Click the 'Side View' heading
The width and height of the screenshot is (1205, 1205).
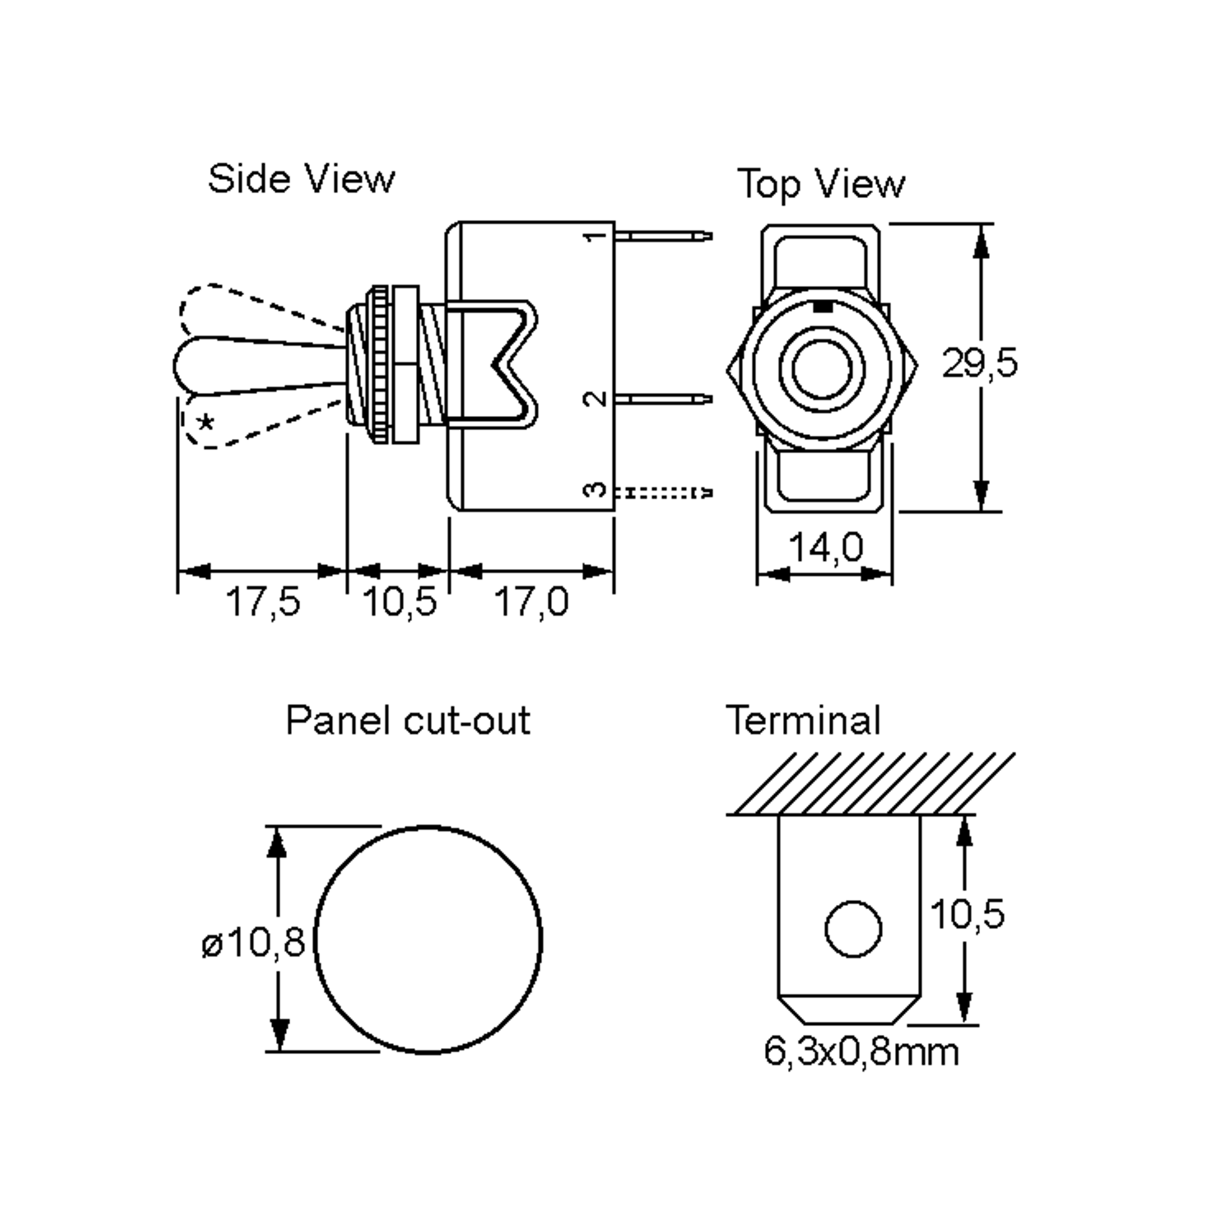pyautogui.click(x=301, y=179)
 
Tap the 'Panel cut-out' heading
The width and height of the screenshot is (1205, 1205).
pyautogui.click(x=407, y=721)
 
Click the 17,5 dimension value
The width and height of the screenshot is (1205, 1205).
pyautogui.click(x=263, y=602)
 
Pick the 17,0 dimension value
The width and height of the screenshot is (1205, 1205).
pyautogui.click(x=531, y=602)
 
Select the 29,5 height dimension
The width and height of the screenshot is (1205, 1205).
pyautogui.click(x=979, y=364)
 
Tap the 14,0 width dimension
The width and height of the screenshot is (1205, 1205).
pyautogui.click(x=826, y=548)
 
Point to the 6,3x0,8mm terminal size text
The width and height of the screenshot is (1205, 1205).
pyautogui.click(x=862, y=1053)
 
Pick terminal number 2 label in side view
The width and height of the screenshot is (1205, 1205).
pyautogui.click(x=596, y=399)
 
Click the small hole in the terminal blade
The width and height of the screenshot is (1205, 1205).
pyautogui.click(x=853, y=929)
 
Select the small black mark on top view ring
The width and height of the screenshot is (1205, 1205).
pyautogui.click(x=823, y=307)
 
